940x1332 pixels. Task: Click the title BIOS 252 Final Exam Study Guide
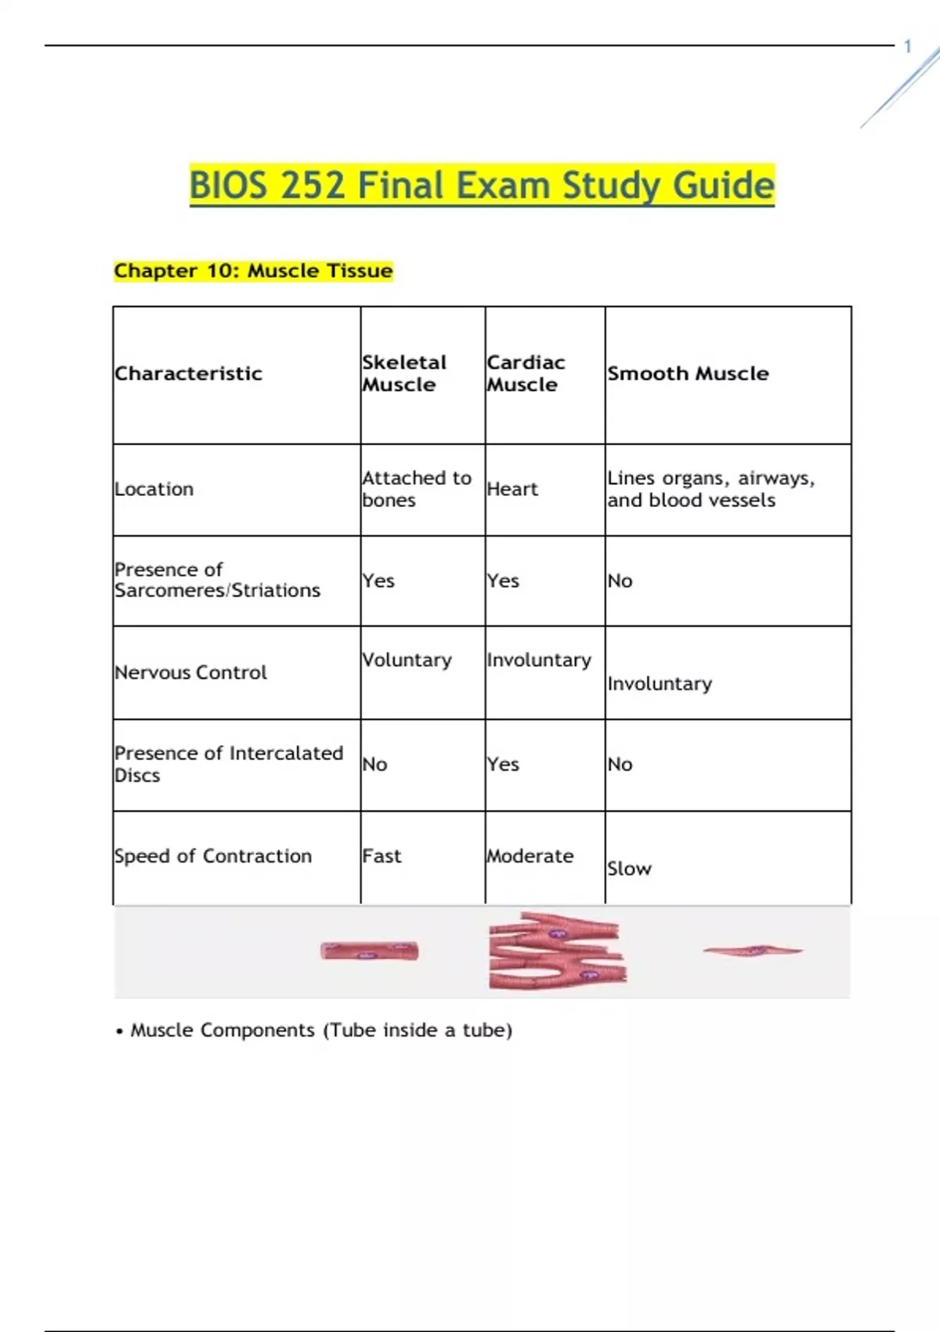482,186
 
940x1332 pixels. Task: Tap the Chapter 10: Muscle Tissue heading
253,271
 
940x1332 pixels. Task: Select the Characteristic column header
188,374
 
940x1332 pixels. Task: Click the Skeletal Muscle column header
403,374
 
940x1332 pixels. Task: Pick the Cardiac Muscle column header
525,374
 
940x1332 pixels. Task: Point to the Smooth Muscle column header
688,374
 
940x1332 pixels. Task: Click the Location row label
154,489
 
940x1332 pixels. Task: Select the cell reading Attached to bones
416,489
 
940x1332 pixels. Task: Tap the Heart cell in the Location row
512,489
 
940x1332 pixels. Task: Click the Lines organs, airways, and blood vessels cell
710,489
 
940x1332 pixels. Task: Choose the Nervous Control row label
190,672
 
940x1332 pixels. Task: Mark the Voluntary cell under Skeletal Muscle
407,661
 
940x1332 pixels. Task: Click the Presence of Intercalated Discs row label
228,764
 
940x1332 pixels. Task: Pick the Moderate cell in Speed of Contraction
530,856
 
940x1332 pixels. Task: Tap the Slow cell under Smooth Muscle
629,868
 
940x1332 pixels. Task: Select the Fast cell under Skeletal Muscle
381,856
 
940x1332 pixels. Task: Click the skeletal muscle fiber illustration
370,951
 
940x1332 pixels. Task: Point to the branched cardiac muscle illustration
557,950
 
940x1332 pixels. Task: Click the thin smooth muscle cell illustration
753,950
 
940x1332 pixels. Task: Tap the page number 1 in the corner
908,47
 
